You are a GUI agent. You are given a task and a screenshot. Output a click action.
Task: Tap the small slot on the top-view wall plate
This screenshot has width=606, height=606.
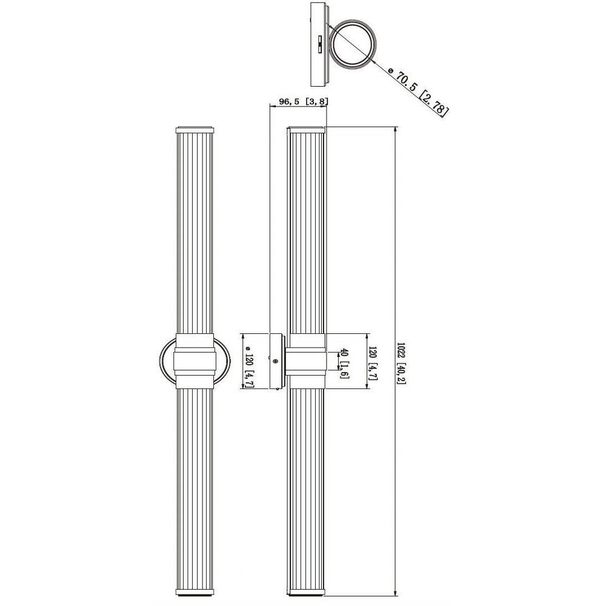coord(319,44)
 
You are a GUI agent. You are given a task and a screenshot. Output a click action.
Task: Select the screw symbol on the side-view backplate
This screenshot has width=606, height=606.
coord(275,361)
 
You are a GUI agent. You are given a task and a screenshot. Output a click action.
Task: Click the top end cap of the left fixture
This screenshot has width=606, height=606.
coord(195,130)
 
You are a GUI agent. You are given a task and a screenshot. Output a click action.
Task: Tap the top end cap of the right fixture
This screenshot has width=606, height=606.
coord(306,130)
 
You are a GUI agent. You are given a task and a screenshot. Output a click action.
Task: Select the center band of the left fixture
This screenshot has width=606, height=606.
coord(195,361)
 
